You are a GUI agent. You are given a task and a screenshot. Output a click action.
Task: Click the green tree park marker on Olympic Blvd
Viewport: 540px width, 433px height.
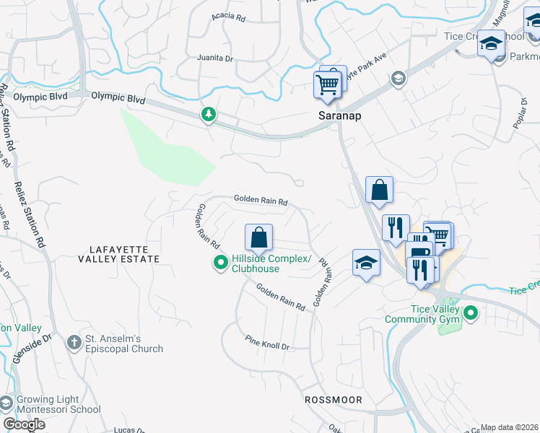click(209, 114)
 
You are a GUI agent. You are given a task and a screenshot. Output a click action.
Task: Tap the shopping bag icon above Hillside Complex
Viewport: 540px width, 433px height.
click(258, 237)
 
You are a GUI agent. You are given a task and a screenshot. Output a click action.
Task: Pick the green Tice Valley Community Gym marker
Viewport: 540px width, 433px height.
click(471, 314)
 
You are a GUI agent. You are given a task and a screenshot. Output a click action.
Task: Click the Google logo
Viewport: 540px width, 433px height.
click(25, 424)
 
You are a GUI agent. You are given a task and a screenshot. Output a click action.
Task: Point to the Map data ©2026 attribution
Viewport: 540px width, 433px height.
click(509, 427)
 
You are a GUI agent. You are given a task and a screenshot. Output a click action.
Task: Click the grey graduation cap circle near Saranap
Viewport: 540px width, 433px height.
click(398, 79)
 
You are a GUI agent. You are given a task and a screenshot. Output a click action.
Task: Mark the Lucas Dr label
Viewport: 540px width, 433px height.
click(131, 429)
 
